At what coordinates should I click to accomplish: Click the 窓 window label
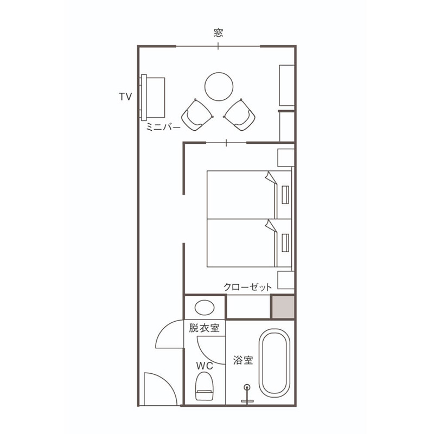[x=219, y=33]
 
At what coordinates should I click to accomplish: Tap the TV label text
[x=125, y=97]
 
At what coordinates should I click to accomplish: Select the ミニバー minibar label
[x=163, y=127]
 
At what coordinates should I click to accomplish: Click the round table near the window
[x=219, y=87]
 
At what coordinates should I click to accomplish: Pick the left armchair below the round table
[x=197, y=115]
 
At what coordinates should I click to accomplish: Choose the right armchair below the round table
[x=240, y=115]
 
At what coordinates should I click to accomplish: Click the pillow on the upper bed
[x=285, y=195]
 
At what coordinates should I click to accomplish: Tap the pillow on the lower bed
[x=285, y=243]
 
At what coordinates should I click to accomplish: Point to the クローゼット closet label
[x=247, y=287]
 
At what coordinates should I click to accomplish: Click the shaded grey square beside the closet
[x=283, y=307]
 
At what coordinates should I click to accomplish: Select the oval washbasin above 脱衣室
[x=205, y=308]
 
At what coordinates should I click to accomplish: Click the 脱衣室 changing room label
[x=205, y=328]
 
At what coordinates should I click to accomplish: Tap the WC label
[x=205, y=366]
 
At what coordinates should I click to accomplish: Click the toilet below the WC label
[x=205, y=386]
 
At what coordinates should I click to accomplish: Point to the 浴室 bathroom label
[x=243, y=360]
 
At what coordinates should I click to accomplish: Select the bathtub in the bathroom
[x=275, y=363]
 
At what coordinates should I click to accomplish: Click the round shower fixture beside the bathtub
[x=247, y=387]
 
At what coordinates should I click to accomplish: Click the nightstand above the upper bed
[x=286, y=158]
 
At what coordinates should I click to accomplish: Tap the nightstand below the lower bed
[x=286, y=280]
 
